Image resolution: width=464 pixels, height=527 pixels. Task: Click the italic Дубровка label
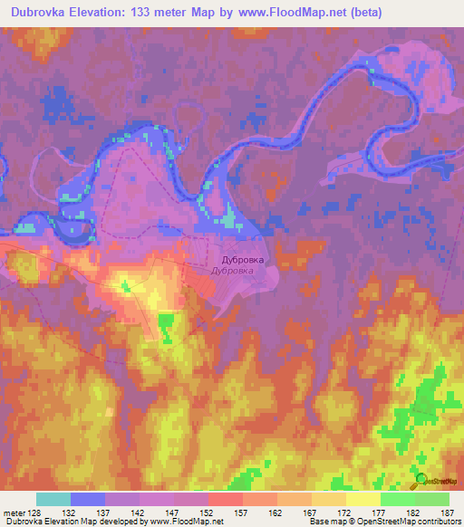(237, 271)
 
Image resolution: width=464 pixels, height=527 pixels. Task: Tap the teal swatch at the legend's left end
(53, 499)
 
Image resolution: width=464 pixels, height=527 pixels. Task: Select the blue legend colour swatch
(87, 499)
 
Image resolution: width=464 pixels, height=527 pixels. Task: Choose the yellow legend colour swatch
(362, 499)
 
